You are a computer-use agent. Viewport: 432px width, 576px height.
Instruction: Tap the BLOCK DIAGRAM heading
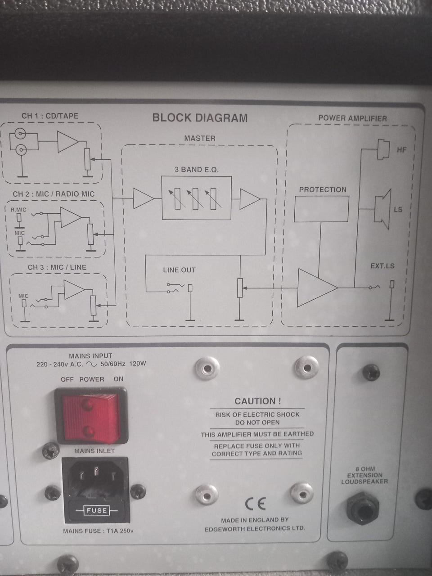coord(200,118)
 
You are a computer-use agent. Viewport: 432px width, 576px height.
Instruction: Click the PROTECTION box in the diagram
coord(321,209)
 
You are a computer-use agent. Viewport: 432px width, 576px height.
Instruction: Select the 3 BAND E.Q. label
coord(197,170)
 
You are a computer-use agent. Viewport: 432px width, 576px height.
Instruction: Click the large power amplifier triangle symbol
coord(317,288)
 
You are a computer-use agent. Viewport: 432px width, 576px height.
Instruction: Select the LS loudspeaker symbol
coord(383,209)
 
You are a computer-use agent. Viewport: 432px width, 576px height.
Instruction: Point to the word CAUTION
coord(257,401)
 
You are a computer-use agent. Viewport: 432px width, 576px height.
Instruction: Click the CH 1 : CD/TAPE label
coord(50,116)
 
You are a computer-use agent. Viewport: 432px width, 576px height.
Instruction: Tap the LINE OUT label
coord(180,270)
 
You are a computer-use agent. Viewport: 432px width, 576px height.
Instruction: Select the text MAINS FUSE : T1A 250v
coord(99,531)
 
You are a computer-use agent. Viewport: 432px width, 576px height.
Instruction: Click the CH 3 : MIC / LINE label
coord(57,267)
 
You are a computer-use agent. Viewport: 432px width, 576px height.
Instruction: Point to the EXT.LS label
coord(382,266)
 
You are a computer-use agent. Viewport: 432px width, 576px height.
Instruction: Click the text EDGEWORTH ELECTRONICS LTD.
coord(255,528)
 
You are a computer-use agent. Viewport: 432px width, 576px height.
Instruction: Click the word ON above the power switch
coord(118,379)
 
